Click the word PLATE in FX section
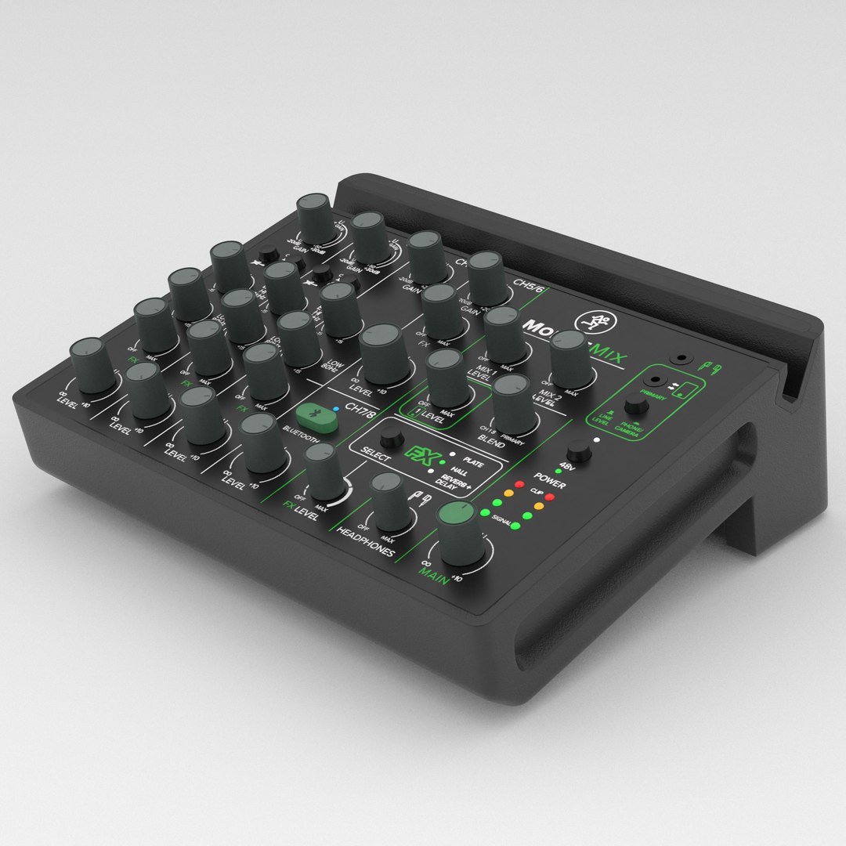pyautogui.click(x=473, y=462)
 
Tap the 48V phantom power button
pyautogui.click(x=579, y=451)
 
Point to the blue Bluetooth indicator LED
pyautogui.click(x=335, y=409)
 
